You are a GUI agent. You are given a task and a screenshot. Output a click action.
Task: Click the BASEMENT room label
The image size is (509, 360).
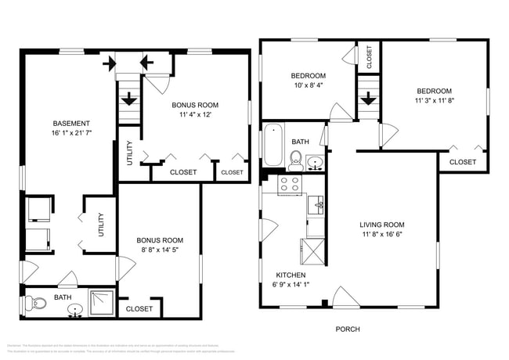point(71,124)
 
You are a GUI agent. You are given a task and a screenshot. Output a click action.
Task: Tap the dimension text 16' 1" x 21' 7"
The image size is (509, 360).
point(71,134)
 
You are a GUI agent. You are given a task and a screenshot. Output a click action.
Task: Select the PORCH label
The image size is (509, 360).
point(347,329)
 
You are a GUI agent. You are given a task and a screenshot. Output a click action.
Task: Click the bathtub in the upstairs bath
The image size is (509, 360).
point(273,146)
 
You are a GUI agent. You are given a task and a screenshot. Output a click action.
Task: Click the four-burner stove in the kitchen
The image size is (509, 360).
point(289,185)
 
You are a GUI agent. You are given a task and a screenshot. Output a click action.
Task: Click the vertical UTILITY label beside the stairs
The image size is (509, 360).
point(129,153)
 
